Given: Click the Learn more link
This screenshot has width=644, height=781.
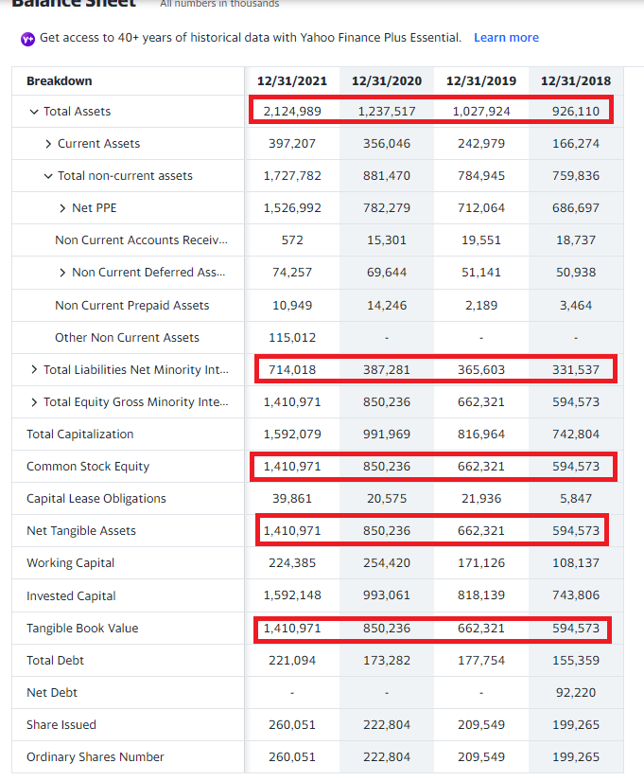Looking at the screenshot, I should pyautogui.click(x=506, y=38).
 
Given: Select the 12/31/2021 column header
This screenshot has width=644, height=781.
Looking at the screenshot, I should pyautogui.click(x=291, y=81).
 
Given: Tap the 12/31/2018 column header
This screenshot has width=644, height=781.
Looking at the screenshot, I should pyautogui.click(x=576, y=81).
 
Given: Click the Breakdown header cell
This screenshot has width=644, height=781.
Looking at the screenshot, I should pyautogui.click(x=60, y=81).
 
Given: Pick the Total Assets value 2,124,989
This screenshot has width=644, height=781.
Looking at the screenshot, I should pyautogui.click(x=292, y=112).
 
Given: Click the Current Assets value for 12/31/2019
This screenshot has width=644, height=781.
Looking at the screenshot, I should pyautogui.click(x=481, y=144).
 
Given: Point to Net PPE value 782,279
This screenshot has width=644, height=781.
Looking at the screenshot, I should pyautogui.click(x=387, y=208).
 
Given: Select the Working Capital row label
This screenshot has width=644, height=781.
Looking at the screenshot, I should pyautogui.click(x=70, y=563).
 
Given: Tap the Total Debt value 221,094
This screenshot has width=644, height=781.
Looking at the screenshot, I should pyautogui.click(x=292, y=661).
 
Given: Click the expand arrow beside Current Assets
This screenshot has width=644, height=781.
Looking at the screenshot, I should pyautogui.click(x=48, y=144).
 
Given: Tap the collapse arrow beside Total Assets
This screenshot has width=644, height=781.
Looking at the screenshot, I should pyautogui.click(x=34, y=112).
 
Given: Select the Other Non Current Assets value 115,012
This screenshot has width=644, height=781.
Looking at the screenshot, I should pyautogui.click(x=292, y=338).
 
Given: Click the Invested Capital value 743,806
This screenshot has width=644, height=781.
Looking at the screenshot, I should pyautogui.click(x=576, y=596).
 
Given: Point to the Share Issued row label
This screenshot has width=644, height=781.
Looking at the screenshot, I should pyautogui.click(x=61, y=725).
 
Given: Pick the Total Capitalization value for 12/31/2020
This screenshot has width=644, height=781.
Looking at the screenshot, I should pyautogui.click(x=387, y=435).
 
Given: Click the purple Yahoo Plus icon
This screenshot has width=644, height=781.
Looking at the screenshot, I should pyautogui.click(x=27, y=39).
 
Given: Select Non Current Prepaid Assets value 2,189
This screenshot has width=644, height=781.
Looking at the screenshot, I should pyautogui.click(x=481, y=306).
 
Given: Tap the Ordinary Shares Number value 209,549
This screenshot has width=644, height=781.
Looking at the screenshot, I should pyautogui.click(x=481, y=757).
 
